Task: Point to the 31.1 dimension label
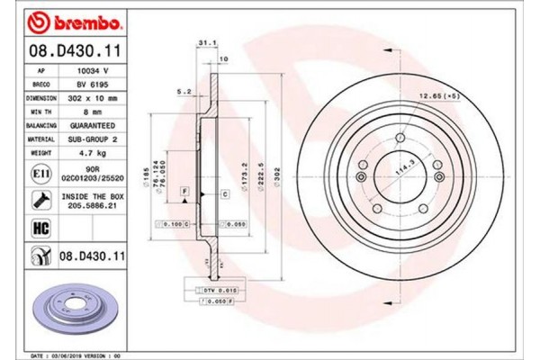click(204, 41)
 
